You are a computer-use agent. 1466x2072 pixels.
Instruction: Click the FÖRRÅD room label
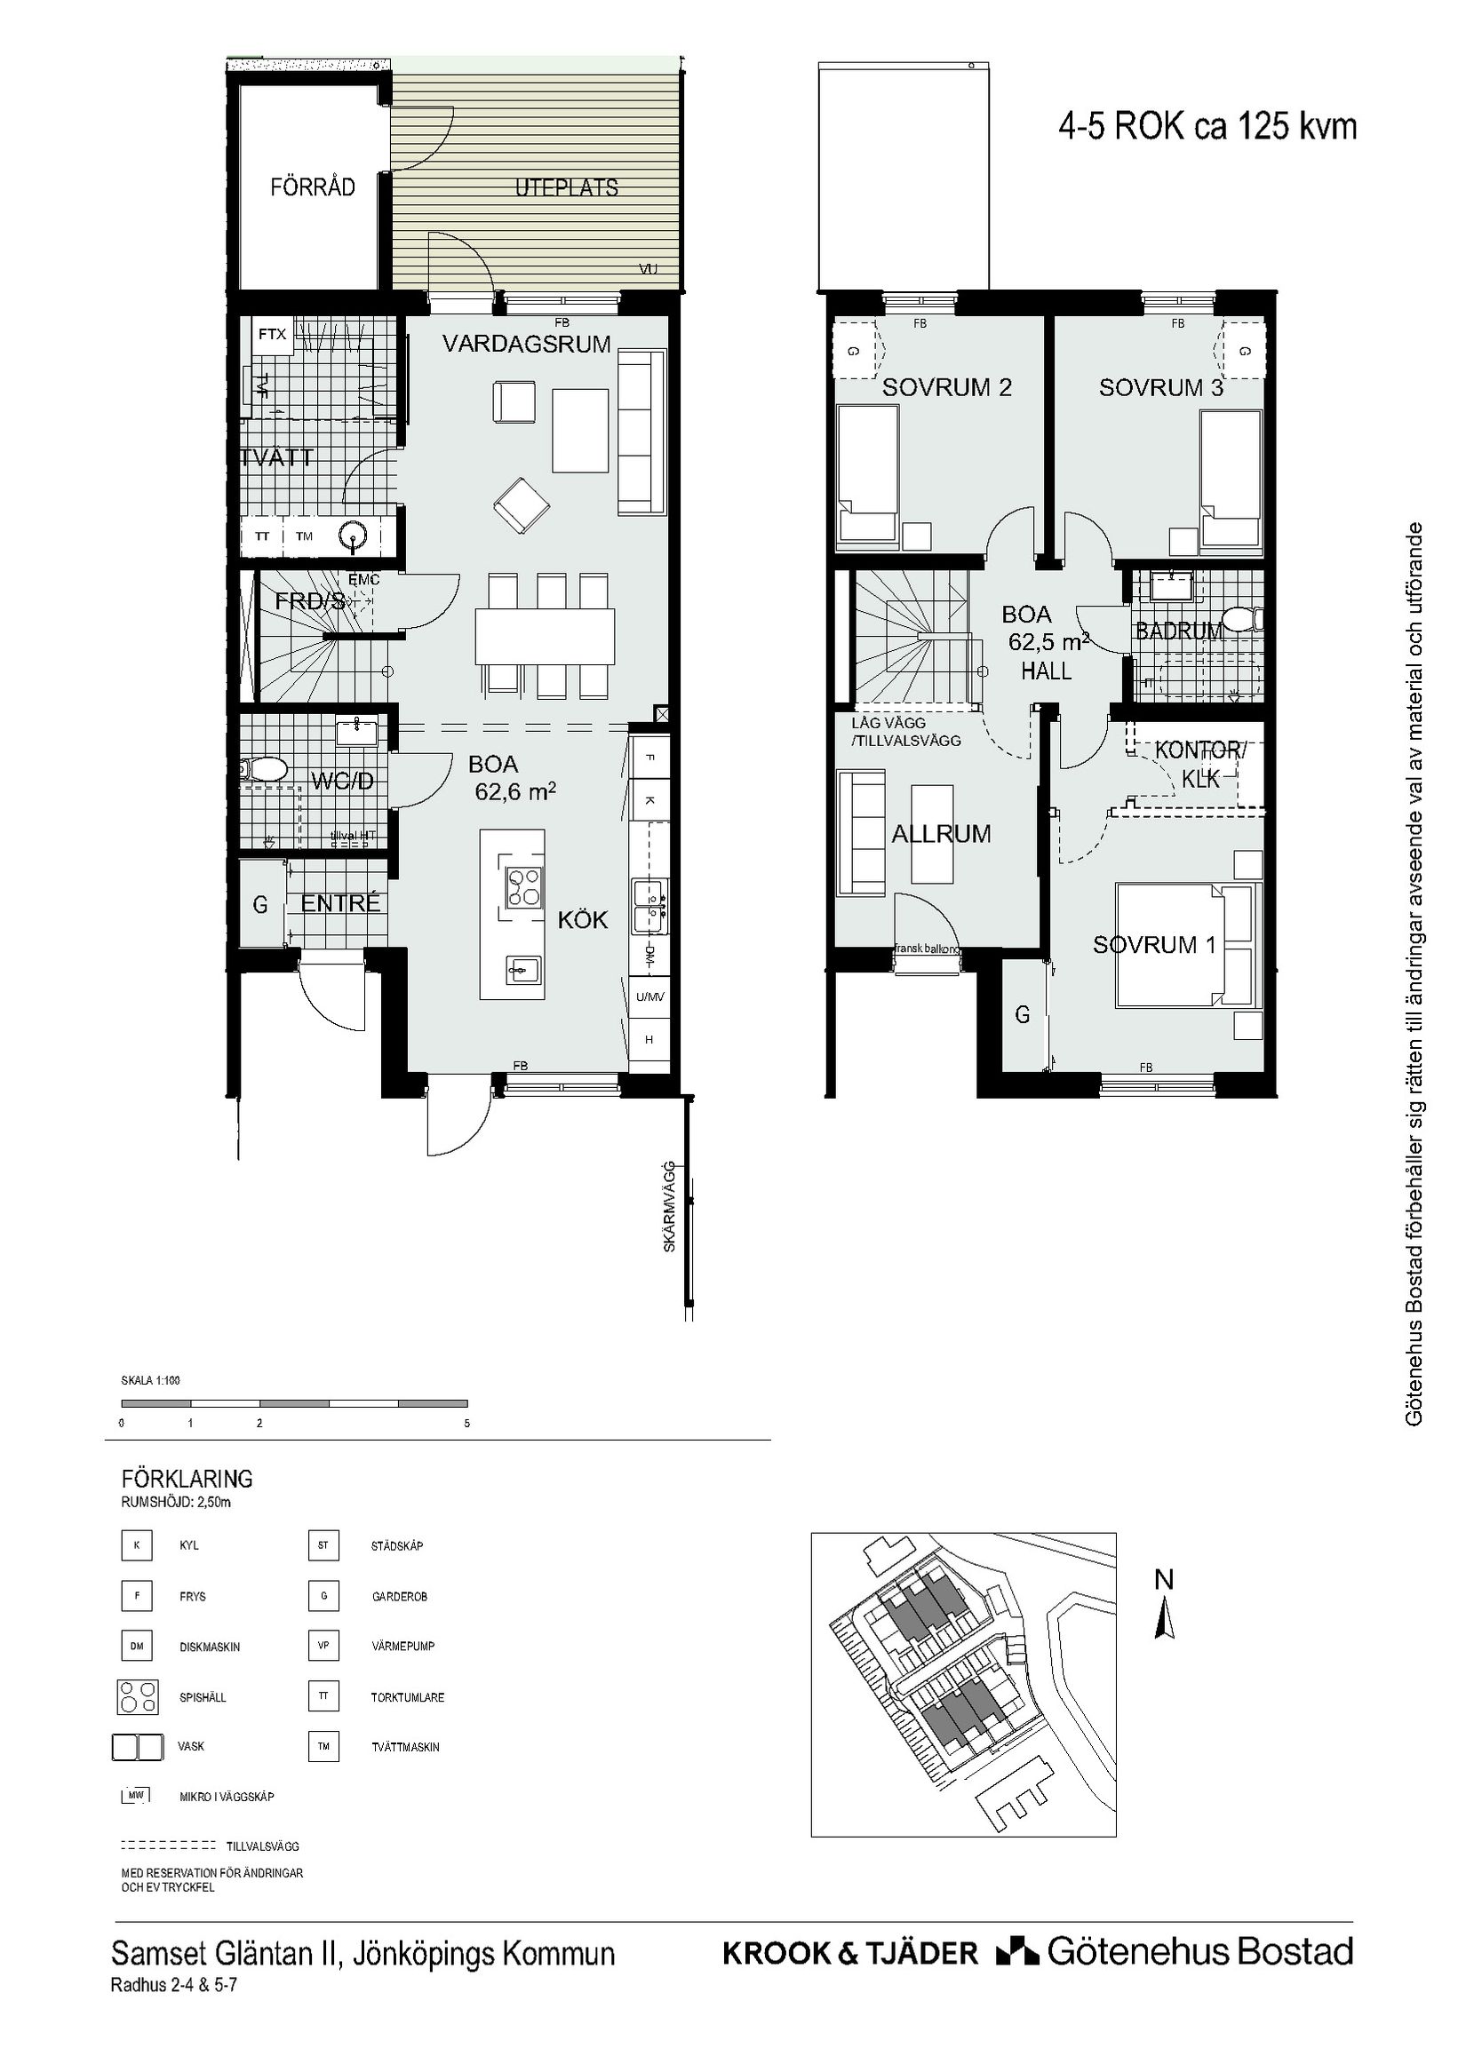[313, 187]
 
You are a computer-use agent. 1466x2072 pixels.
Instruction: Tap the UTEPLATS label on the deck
[566, 187]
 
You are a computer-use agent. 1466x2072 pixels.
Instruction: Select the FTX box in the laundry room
[272, 334]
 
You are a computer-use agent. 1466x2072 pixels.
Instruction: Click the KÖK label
[582, 920]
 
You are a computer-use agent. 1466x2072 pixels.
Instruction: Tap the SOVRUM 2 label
[946, 388]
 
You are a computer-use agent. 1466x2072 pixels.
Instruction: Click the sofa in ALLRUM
[861, 832]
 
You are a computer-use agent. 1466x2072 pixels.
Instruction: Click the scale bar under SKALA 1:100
[294, 1403]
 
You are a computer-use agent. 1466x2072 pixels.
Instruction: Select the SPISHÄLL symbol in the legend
[137, 1696]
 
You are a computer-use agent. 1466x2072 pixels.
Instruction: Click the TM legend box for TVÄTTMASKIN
[323, 1746]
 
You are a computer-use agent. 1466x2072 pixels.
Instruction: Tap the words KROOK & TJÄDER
[849, 1951]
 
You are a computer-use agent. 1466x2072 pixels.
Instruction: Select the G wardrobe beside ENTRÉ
[260, 904]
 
